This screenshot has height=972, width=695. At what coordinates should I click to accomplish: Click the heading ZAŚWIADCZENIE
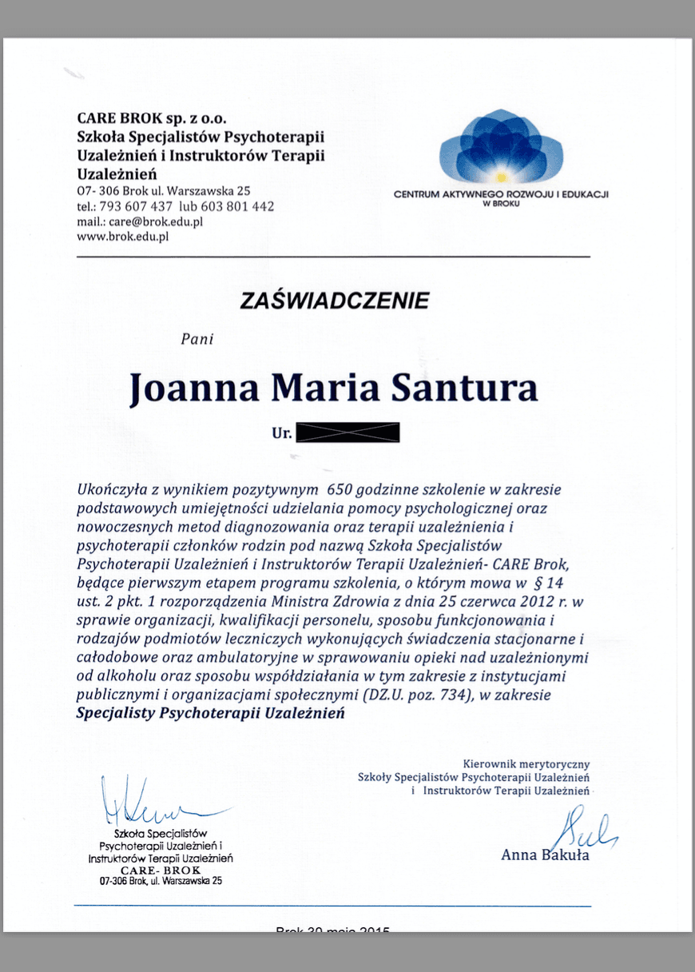[x=334, y=301]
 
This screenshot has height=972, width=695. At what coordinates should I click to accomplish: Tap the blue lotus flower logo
[x=502, y=146]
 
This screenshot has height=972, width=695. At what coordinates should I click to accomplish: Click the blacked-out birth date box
[x=347, y=434]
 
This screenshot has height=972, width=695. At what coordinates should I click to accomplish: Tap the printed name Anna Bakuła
[x=545, y=855]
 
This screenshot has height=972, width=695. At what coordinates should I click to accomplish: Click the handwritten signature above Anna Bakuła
[x=589, y=829]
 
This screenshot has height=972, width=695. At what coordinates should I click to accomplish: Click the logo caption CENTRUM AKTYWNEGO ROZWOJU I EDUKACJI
[x=502, y=194]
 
